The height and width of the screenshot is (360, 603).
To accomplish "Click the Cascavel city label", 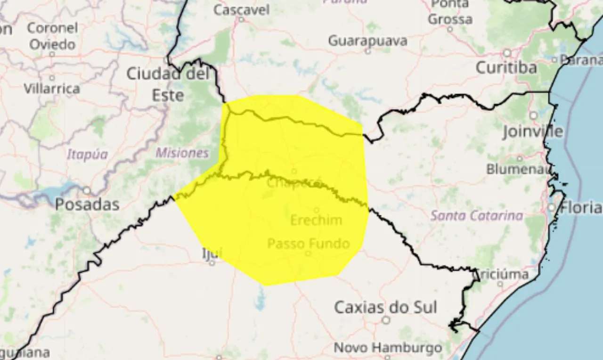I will tap(242, 9).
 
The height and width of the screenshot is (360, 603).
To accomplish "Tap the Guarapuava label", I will tap(367, 41).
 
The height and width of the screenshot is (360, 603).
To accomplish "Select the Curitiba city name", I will tap(506, 67).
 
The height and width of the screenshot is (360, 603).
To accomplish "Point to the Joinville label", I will tap(532, 131).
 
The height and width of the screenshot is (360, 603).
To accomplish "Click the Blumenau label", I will tap(518, 168).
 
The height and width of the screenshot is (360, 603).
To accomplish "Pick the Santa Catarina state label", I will tap(477, 216).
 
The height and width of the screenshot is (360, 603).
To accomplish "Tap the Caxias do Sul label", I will tap(385, 307).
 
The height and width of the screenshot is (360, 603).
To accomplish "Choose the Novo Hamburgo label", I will tap(388, 348).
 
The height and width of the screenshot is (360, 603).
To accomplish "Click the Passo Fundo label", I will tap(309, 244).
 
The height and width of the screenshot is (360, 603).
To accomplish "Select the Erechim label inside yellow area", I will tap(316, 220).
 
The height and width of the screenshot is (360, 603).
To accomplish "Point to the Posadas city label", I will tap(87, 204).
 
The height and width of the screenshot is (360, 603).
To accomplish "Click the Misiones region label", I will tap(182, 153).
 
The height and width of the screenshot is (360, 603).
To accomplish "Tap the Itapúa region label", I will tap(87, 154).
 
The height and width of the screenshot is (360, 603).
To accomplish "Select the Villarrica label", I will tap(52, 88).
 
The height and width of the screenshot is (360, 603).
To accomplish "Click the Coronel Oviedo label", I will tap(51, 36).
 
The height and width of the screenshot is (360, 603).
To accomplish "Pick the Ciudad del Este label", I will tap(168, 84).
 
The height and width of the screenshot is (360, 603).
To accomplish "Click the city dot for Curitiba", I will tap(507, 53).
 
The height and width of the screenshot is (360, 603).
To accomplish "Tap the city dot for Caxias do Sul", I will tap(386, 320).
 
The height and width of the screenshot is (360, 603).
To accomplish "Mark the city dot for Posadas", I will tap(87, 191).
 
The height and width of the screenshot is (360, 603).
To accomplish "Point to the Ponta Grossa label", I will tap(450, 12).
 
